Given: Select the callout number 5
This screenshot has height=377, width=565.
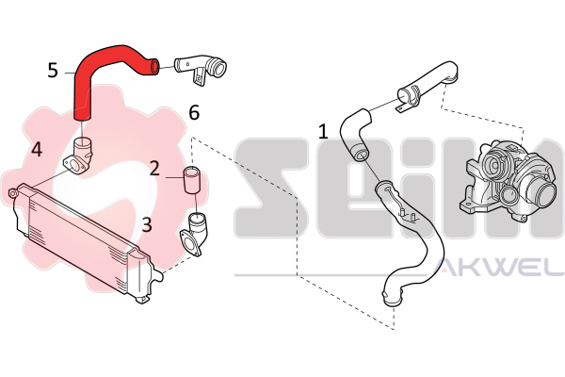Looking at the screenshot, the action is (x=53, y=70).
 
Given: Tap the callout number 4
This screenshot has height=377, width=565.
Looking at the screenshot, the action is (x=37, y=149).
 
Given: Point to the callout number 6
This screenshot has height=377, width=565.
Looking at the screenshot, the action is (x=194, y=112).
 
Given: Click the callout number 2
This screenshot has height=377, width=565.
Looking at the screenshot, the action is (x=154, y=168).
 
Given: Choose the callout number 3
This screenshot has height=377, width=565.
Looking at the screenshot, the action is (x=147, y=224).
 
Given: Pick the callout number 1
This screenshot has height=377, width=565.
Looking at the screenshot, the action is (x=323, y=131).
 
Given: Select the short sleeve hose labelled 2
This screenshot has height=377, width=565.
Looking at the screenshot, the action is (x=193, y=180).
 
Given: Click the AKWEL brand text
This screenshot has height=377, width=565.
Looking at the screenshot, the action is (x=498, y=267).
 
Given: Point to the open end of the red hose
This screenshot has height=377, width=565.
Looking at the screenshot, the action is (x=153, y=67).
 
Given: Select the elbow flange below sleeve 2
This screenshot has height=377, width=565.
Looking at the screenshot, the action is (x=195, y=235).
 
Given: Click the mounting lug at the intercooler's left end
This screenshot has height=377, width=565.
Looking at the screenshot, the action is (x=13, y=192).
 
